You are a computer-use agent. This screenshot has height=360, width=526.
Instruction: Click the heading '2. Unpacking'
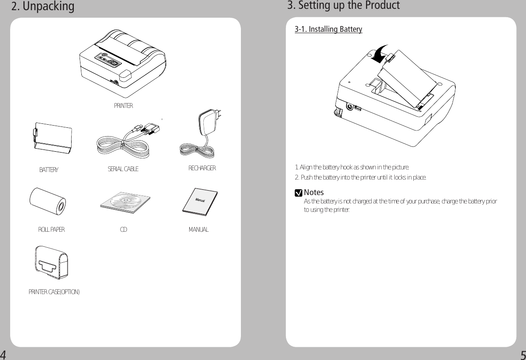(x=43, y=7)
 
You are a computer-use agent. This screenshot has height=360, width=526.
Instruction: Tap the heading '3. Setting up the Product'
(x=343, y=6)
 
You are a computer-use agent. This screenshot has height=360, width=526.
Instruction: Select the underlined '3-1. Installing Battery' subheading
(x=328, y=30)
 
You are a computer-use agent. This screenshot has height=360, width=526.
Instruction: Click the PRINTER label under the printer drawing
(x=123, y=106)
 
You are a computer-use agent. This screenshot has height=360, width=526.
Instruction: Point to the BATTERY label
(x=49, y=170)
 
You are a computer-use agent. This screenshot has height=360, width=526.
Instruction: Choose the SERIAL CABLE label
(x=123, y=169)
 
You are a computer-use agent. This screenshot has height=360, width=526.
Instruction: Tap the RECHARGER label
(x=202, y=169)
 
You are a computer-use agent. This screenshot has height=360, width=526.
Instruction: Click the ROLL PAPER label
(x=51, y=230)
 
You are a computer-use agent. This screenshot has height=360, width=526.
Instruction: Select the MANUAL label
(x=198, y=230)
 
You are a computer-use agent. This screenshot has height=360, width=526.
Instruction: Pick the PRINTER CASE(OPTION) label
(x=54, y=292)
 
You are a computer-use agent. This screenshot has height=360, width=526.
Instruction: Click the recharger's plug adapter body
(x=208, y=123)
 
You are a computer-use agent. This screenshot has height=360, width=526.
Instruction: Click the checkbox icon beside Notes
(x=299, y=193)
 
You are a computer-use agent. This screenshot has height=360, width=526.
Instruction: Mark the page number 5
(x=522, y=355)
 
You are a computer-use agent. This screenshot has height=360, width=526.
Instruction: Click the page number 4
(x=4, y=355)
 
